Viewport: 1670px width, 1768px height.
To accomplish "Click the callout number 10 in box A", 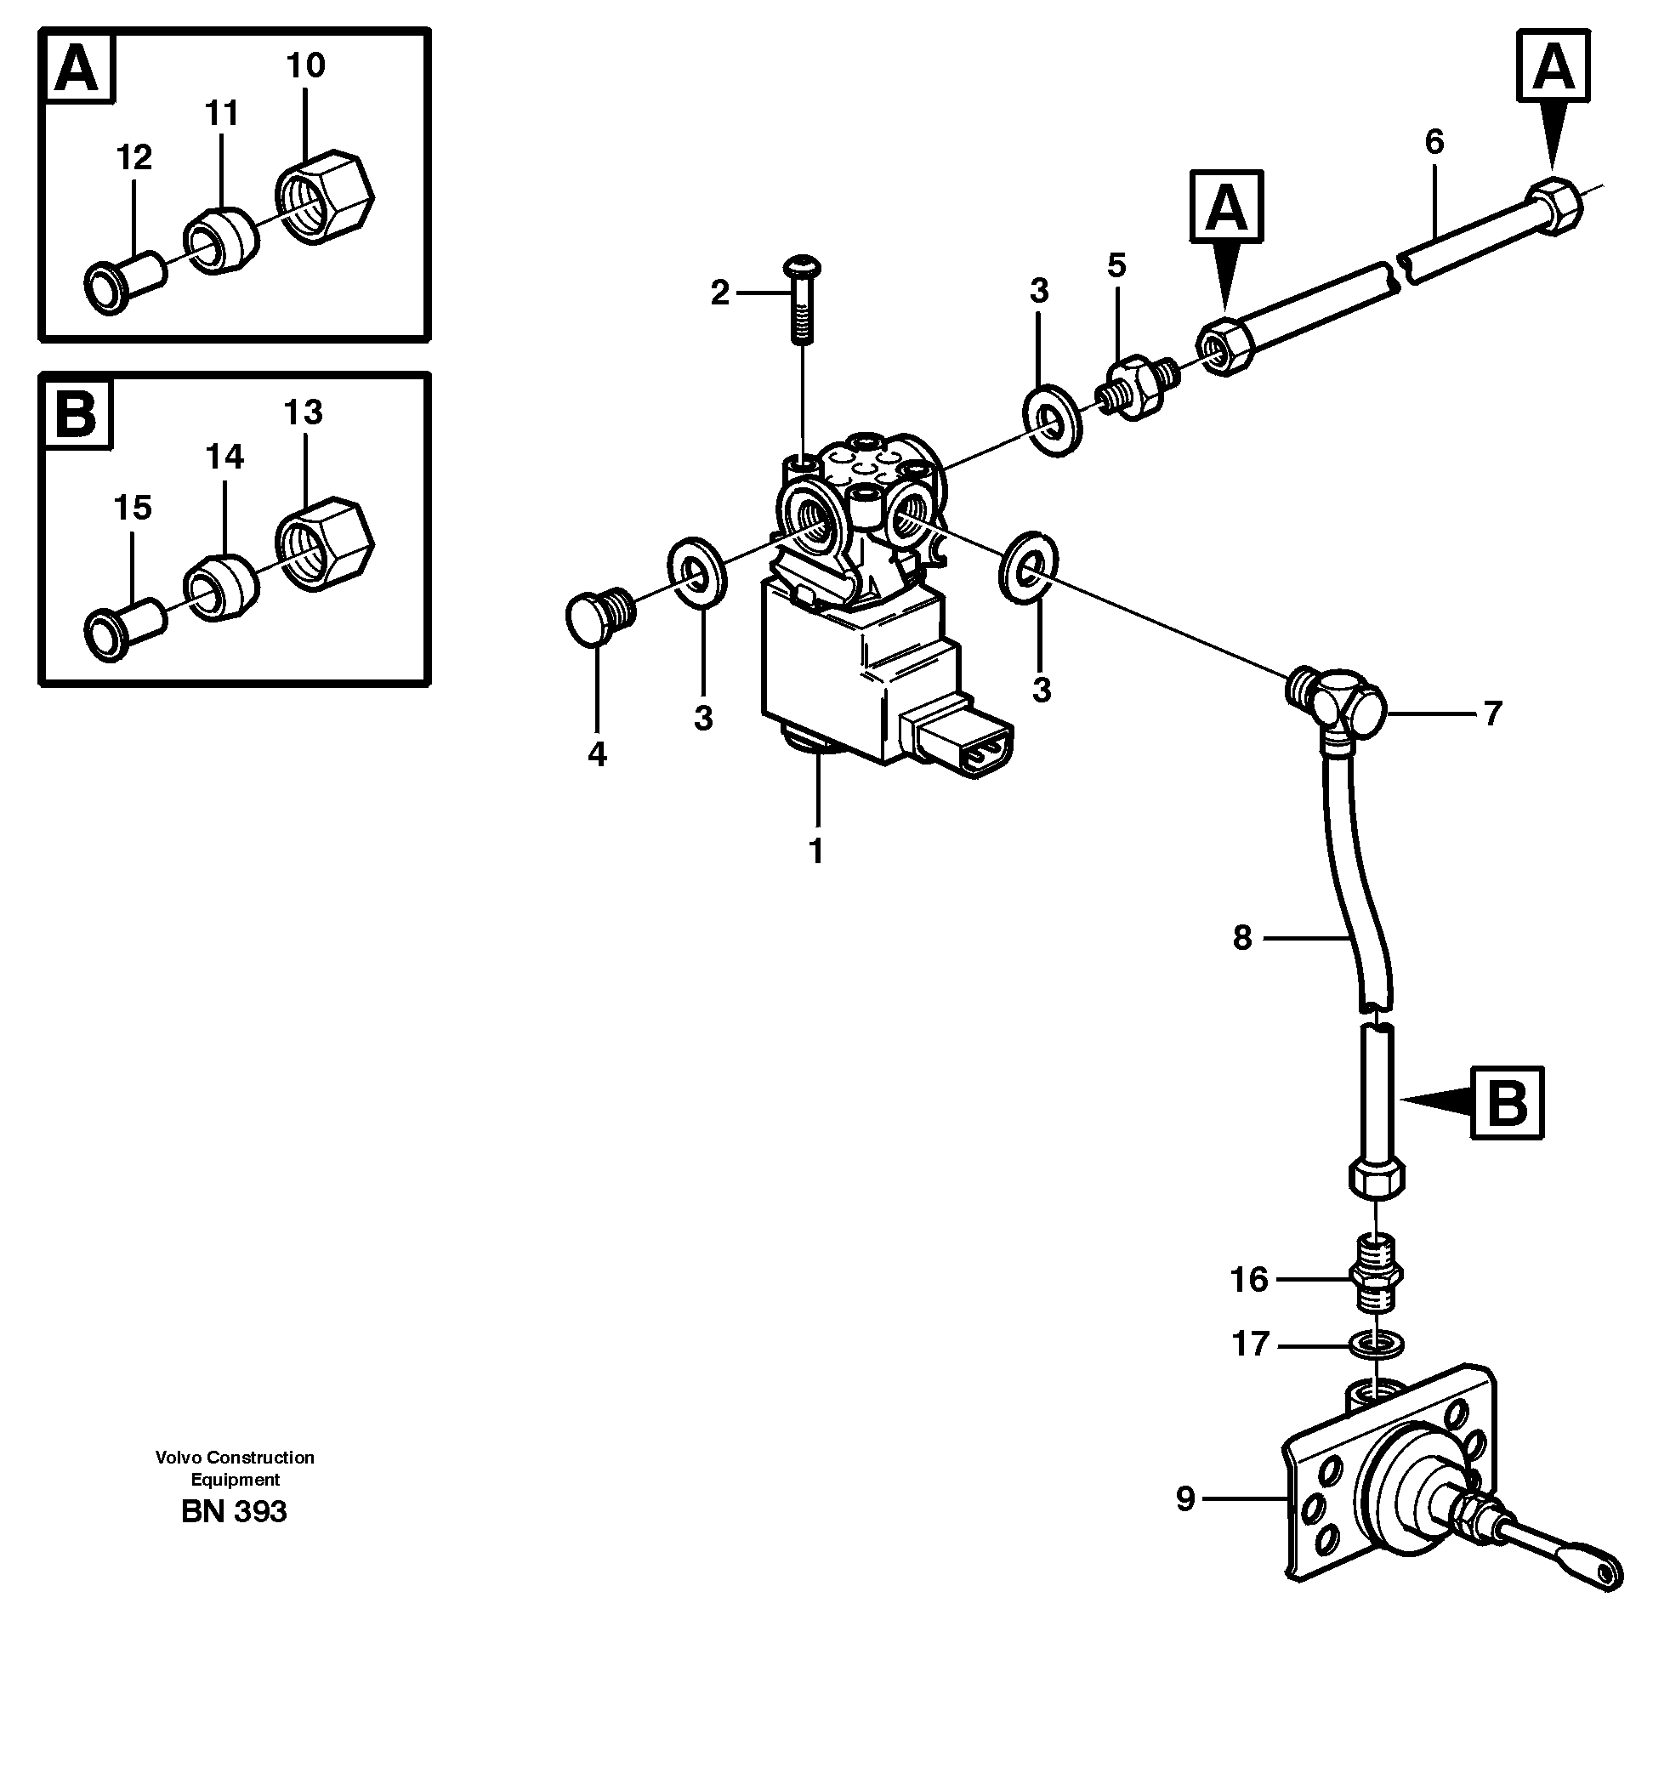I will (305, 65).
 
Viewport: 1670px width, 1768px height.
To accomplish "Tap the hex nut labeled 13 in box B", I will (324, 544).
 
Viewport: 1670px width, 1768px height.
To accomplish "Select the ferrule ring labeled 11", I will (220, 242).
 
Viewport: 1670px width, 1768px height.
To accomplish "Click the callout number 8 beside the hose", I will (1242, 937).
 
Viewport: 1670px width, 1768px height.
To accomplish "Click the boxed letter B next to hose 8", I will (1507, 1102).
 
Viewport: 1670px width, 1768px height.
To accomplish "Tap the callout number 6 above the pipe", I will (1434, 141).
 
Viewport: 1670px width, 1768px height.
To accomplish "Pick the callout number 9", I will (1184, 1499).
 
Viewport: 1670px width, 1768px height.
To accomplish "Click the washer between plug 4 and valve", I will (697, 571).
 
